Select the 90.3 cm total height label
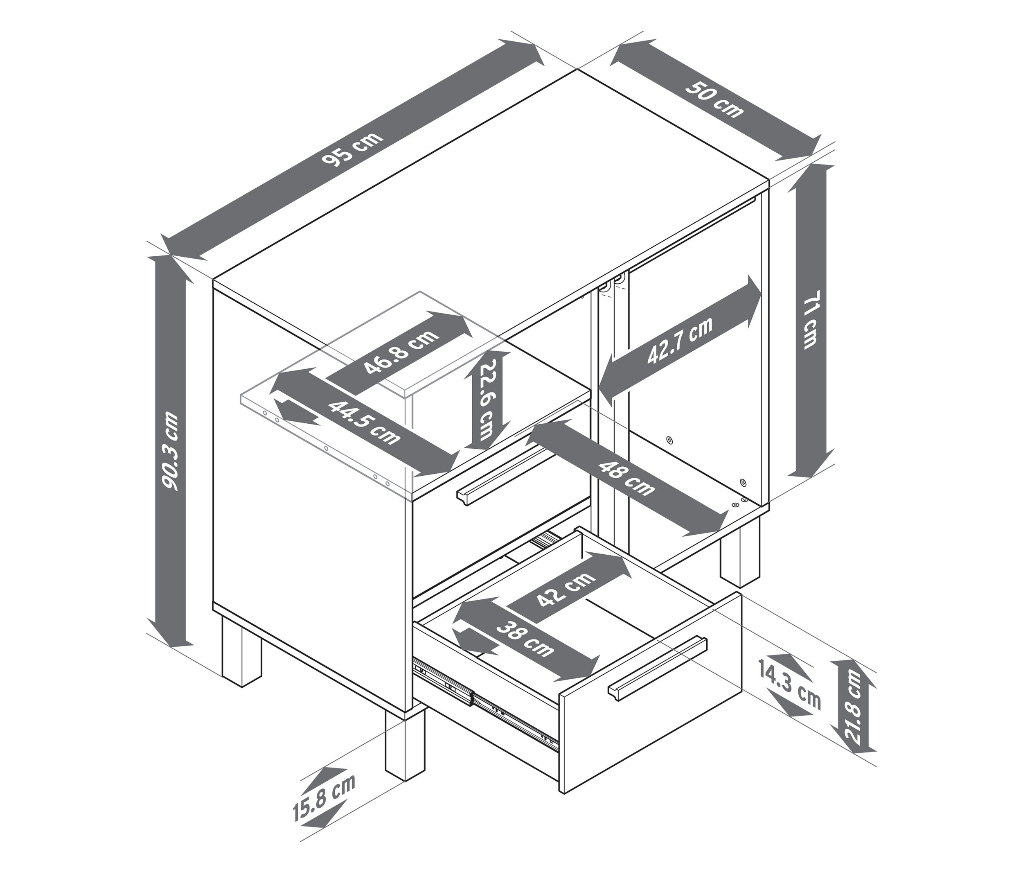(171, 452)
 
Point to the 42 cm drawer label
(566, 590)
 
